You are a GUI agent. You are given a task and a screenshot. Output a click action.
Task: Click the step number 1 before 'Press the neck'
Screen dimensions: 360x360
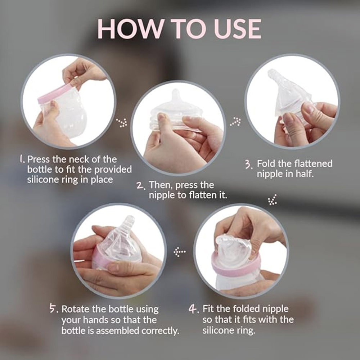(x=22, y=159)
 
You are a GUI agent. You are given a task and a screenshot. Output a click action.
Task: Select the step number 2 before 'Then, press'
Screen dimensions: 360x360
(x=141, y=186)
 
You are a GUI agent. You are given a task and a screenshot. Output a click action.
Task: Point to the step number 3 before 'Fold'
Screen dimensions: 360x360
(x=248, y=165)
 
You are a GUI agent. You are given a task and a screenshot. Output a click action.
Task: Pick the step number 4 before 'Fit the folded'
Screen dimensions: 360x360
(x=194, y=310)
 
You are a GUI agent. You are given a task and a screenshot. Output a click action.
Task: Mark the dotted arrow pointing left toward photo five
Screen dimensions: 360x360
(x=179, y=251)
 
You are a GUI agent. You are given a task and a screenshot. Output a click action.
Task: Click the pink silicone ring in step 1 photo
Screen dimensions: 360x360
(x=54, y=93)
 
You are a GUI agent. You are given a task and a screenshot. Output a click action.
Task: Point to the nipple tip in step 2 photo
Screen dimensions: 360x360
(x=176, y=94)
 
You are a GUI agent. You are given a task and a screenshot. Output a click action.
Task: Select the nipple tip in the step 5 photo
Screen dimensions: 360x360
(x=129, y=220)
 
